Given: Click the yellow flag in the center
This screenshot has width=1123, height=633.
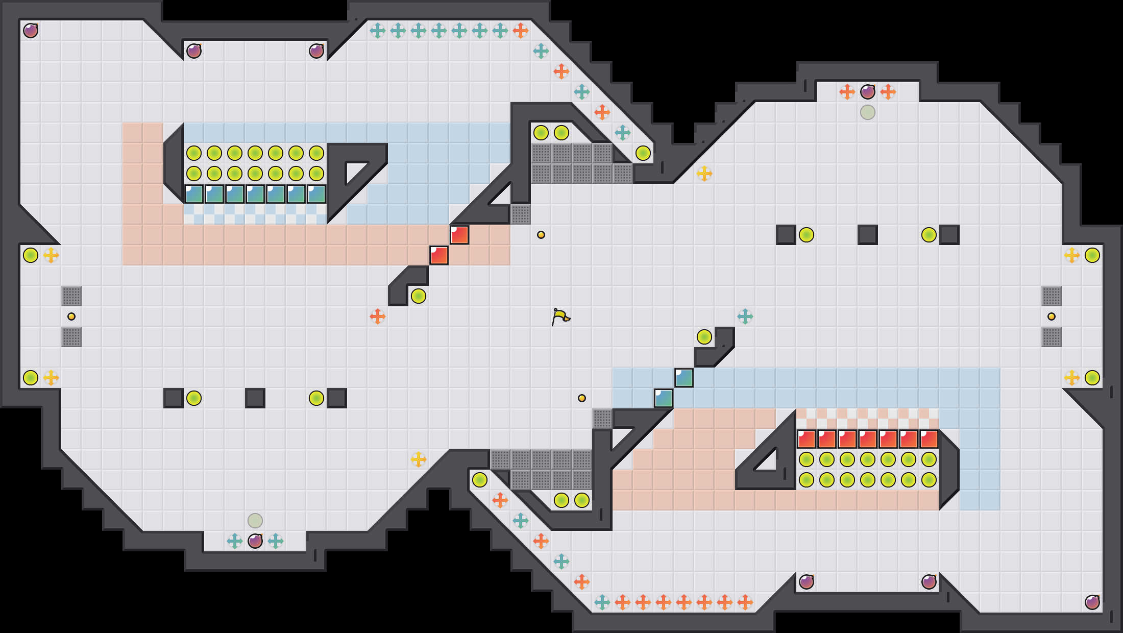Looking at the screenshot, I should (560, 316).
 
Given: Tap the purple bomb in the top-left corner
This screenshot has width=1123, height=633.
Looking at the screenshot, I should (31, 31).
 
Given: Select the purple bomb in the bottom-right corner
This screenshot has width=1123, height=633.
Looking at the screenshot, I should (1092, 602).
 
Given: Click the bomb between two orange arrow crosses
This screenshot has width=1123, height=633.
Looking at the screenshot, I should (868, 92).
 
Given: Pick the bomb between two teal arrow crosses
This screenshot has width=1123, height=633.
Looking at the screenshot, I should (255, 541).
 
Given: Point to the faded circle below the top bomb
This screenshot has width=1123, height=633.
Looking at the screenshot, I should (868, 112).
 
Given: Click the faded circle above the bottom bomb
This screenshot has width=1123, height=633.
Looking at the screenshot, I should (255, 521).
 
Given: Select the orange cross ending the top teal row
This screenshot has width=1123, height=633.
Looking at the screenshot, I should (521, 31).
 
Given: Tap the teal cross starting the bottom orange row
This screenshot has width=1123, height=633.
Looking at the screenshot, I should (602, 602).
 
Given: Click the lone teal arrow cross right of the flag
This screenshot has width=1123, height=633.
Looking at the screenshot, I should (745, 316).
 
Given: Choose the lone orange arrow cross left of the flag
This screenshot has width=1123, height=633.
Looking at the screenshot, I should (378, 316).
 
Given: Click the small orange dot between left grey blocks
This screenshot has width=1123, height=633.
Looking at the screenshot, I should (71, 316).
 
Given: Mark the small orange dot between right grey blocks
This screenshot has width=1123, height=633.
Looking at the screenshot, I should (1052, 316).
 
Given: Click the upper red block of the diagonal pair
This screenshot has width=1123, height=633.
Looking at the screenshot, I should (459, 235).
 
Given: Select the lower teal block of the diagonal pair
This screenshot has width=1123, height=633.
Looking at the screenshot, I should (664, 398).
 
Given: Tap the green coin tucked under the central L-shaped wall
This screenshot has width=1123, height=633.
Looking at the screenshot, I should (419, 296).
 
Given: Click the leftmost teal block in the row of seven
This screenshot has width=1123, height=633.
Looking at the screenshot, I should (194, 194).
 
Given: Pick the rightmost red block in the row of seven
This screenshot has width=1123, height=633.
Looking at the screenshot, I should (929, 439).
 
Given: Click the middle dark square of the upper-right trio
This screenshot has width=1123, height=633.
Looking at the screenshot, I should (868, 235).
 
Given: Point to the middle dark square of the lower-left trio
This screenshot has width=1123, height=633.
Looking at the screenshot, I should (255, 398).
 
